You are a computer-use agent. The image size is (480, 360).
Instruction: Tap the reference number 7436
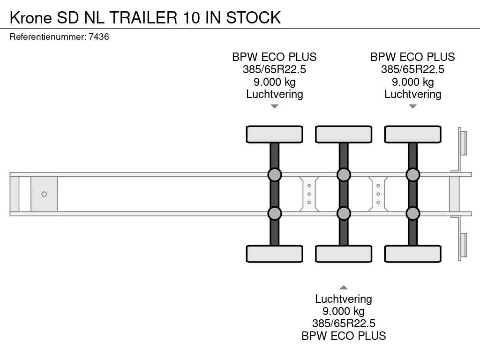coord(98,37)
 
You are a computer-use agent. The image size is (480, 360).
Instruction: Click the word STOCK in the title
coord(254,17)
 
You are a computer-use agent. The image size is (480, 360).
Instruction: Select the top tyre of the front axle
coord(275,135)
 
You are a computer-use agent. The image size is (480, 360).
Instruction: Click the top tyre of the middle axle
coord(344,135)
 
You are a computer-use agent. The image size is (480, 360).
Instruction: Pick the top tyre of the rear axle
coord(412,135)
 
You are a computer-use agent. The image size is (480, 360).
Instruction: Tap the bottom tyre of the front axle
coord(275,254)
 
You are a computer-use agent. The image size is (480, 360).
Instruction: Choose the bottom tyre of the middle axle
coord(344,254)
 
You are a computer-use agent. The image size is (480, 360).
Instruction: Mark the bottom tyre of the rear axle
coord(412,254)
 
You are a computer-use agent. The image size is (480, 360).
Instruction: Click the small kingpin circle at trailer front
coord(44,194)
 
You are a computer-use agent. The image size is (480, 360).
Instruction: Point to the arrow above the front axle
coord(275,106)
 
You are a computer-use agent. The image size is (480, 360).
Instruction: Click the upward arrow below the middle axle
coord(344,287)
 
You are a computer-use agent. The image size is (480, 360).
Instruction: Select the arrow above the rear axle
coord(413,106)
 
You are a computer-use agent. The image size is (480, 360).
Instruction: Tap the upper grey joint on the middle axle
coord(344,175)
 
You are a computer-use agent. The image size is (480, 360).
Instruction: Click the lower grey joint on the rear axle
coord(412,213)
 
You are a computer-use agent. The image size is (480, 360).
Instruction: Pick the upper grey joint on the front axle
coord(275,175)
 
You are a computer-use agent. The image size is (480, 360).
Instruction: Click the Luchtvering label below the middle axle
coord(344,299)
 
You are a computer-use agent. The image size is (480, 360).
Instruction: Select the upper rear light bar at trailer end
coord(463,142)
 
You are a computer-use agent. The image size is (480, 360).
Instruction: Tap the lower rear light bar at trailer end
coord(463,246)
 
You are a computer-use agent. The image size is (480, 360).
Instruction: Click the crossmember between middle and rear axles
coord(378,194)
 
